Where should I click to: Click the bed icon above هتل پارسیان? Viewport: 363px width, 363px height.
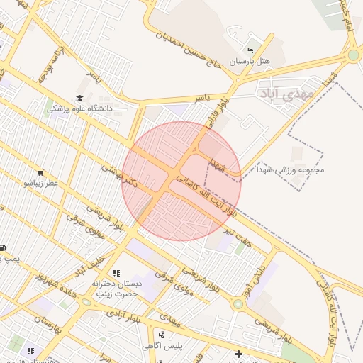click(249, 51)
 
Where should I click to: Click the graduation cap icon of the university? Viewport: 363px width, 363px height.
click(79, 98)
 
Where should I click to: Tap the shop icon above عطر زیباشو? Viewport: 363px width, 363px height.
click(40, 172)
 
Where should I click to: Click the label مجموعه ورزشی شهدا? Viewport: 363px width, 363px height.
click(311, 170)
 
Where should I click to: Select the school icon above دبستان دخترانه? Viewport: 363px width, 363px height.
click(116, 273)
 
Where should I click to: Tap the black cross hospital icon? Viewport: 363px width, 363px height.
click(238, 353)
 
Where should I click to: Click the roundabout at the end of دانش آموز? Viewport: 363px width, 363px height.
click(238, 303)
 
